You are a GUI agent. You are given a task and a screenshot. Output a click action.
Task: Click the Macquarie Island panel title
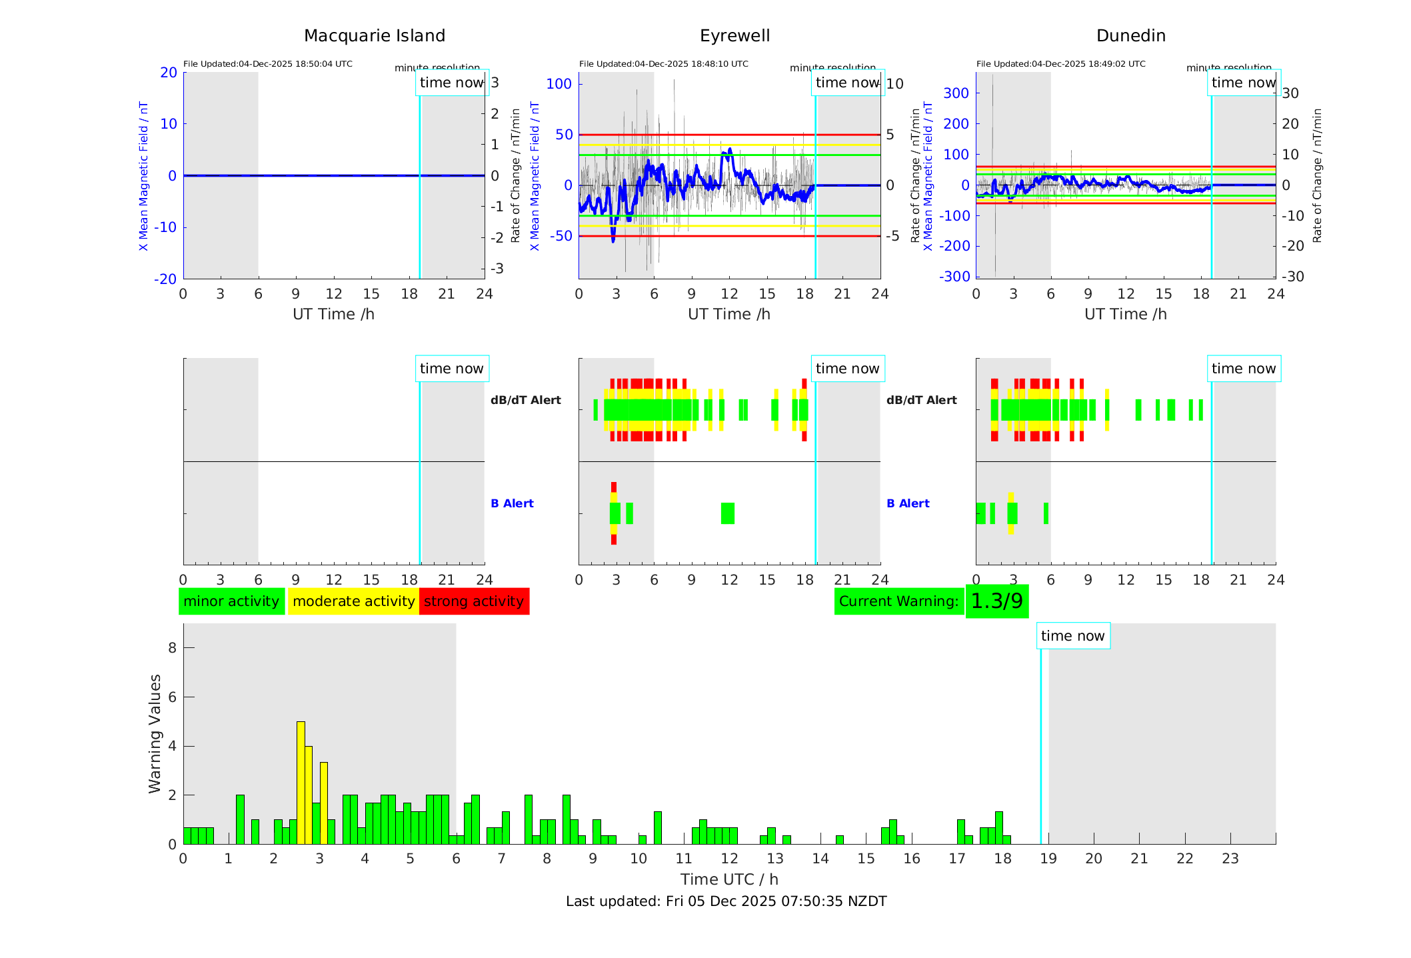(375, 36)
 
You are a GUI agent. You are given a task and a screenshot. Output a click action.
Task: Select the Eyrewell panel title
(734, 36)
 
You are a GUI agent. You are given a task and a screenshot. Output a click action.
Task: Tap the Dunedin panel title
(1130, 36)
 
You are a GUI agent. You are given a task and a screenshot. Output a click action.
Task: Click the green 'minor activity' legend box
(231, 601)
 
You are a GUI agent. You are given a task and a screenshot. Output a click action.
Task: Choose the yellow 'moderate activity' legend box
(353, 601)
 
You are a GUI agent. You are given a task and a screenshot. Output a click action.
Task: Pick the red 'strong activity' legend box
(474, 601)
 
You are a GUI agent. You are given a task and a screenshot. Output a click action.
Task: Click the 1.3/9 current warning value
(996, 601)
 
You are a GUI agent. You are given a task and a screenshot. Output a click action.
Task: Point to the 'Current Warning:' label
(898, 601)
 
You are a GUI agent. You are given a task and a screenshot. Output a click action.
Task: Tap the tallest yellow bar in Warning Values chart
(301, 783)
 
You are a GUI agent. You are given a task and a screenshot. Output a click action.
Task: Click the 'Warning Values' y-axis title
(155, 733)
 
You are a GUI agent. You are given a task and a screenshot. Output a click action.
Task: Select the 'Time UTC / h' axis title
(729, 879)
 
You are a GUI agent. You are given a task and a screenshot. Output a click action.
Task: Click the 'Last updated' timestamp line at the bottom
(726, 901)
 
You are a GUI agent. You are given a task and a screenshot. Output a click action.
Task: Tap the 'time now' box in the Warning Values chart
(1072, 636)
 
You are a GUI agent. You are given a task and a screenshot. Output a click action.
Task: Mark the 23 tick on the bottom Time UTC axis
(1230, 859)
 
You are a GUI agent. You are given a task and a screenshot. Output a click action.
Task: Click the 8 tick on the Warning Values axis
(172, 648)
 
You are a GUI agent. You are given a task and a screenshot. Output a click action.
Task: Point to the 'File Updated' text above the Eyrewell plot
(663, 64)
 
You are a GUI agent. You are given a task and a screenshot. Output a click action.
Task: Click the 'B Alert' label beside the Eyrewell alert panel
(512, 503)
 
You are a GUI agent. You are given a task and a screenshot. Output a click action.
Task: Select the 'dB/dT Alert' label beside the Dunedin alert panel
(921, 400)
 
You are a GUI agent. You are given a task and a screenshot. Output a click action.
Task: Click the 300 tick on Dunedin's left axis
(956, 93)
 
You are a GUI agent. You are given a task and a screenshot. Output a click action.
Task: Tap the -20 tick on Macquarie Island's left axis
(165, 279)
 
